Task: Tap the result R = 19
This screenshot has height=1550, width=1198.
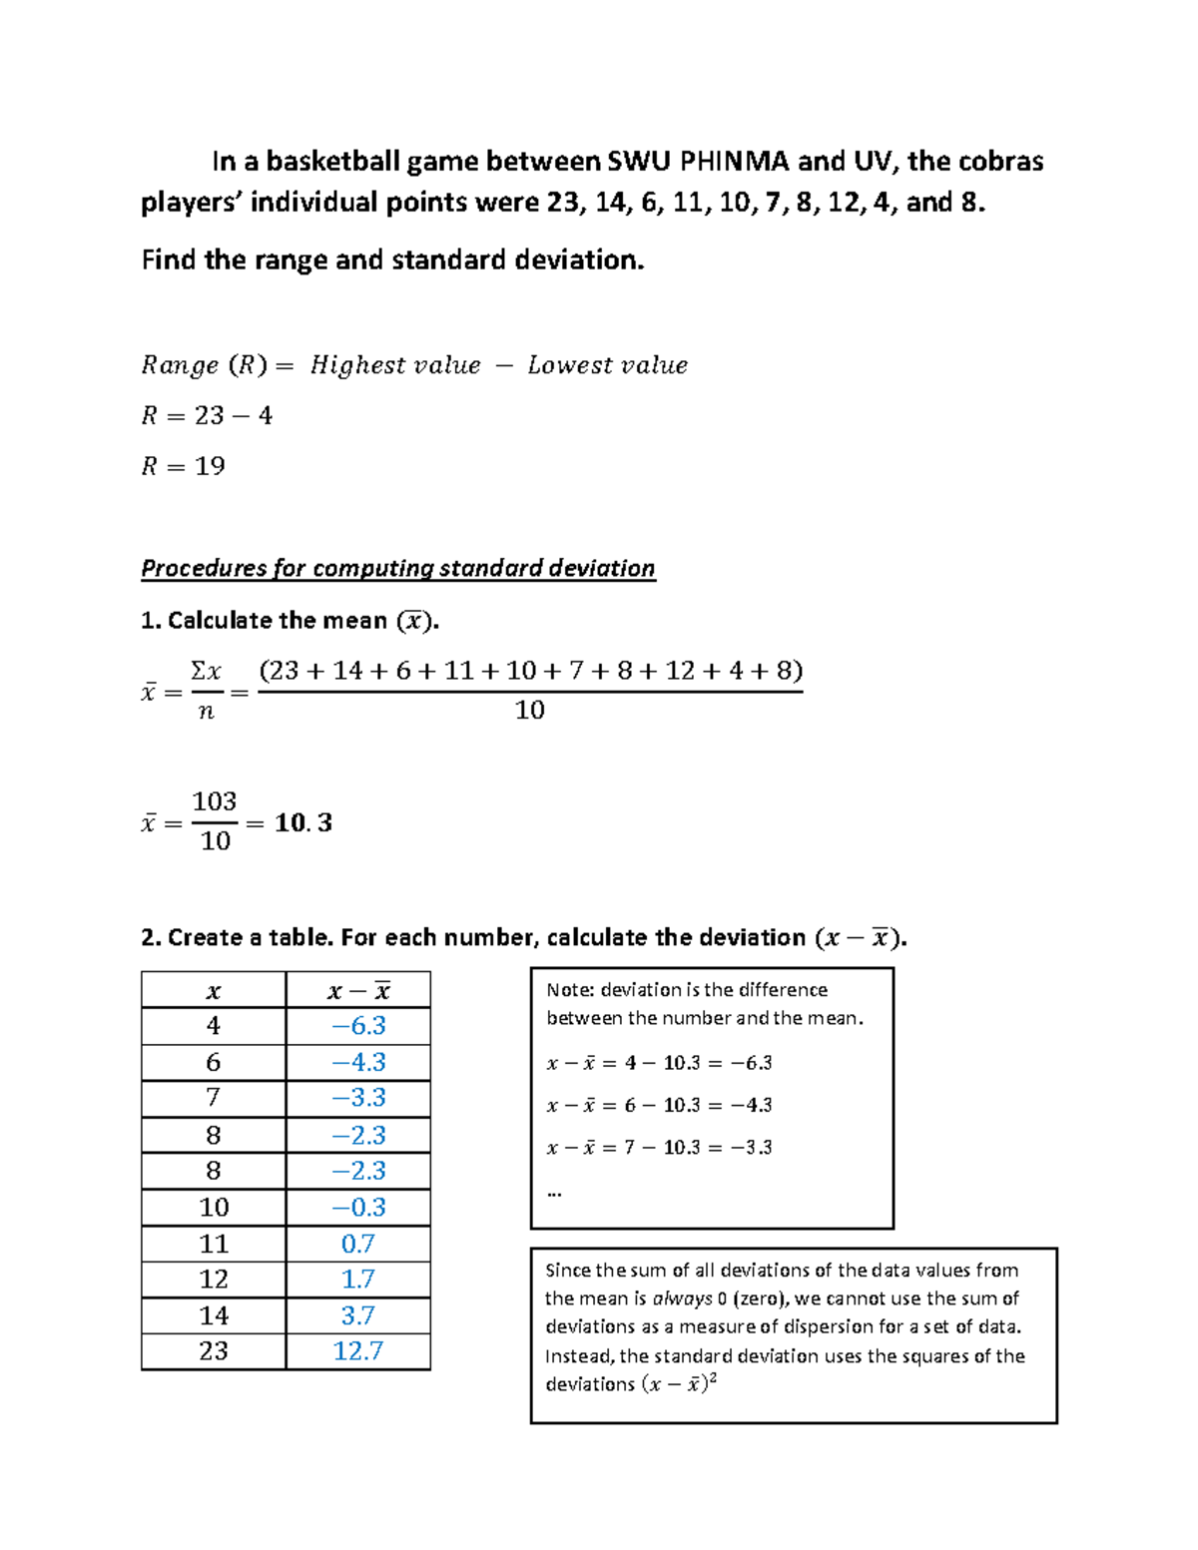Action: [183, 466]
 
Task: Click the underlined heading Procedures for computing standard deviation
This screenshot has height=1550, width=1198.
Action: [397, 568]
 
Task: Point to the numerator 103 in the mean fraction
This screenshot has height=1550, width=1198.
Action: [215, 801]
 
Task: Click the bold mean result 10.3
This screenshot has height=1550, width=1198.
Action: [303, 822]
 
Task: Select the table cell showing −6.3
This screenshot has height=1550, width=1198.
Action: [358, 1026]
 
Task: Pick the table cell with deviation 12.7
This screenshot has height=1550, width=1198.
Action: [358, 1351]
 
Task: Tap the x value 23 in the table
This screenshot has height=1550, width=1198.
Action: [214, 1351]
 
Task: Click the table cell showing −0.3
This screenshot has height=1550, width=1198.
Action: [358, 1208]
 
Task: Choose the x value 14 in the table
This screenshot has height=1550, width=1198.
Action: [214, 1315]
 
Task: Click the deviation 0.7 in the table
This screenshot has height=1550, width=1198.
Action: [358, 1244]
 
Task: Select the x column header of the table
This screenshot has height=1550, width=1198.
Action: [214, 991]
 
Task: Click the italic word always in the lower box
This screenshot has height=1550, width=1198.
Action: [682, 1298]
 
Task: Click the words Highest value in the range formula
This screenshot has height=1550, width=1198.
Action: [395, 365]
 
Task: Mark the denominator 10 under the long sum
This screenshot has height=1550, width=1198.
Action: [529, 710]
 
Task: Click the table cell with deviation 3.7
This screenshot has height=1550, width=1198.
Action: [358, 1315]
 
